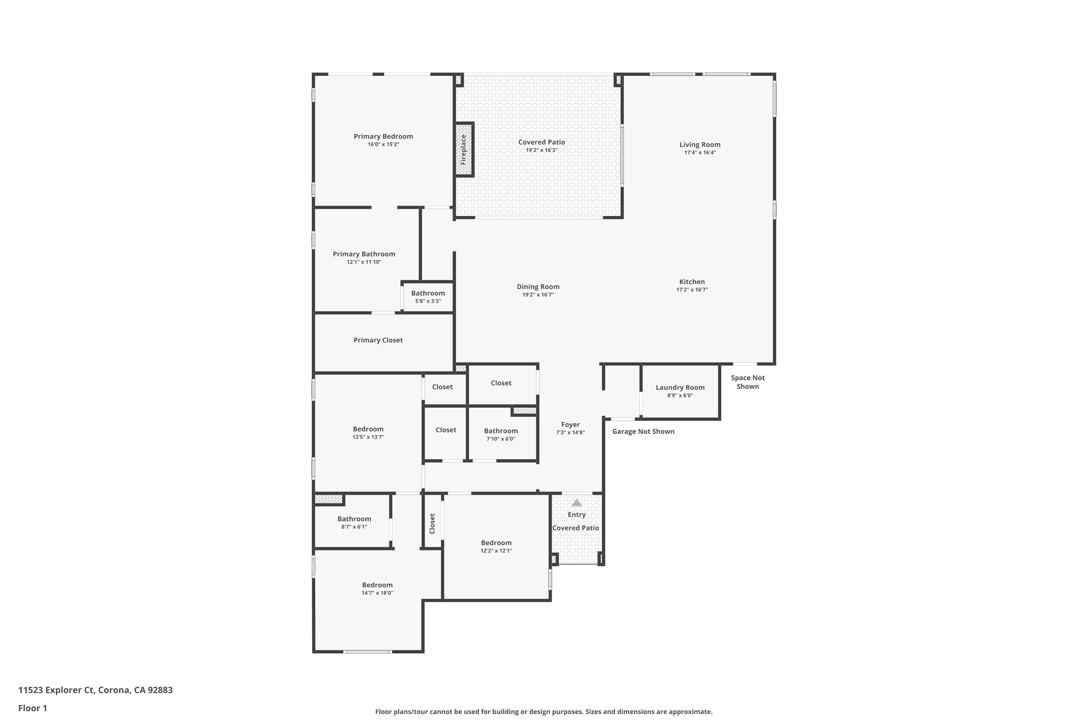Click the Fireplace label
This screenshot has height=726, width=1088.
pos(463,150)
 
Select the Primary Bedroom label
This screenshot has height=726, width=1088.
pos(383,136)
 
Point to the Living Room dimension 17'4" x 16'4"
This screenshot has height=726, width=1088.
pos(700,152)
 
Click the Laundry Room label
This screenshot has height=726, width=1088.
pos(680,388)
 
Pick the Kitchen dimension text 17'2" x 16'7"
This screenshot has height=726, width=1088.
pos(692,290)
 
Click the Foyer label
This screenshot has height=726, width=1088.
pos(570,425)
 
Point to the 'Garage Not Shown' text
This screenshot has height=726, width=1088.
pos(643,432)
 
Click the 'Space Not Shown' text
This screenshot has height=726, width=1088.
pos(747,382)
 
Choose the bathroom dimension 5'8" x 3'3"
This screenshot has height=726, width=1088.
pos(428,301)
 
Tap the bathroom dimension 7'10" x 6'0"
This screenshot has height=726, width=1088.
pos(500,439)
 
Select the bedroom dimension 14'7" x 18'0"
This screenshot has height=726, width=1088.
pos(378,593)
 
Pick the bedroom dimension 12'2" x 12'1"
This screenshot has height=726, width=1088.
pos(496,551)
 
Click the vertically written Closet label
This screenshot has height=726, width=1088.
pos(432,524)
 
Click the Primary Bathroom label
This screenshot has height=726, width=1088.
pos(364,254)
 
